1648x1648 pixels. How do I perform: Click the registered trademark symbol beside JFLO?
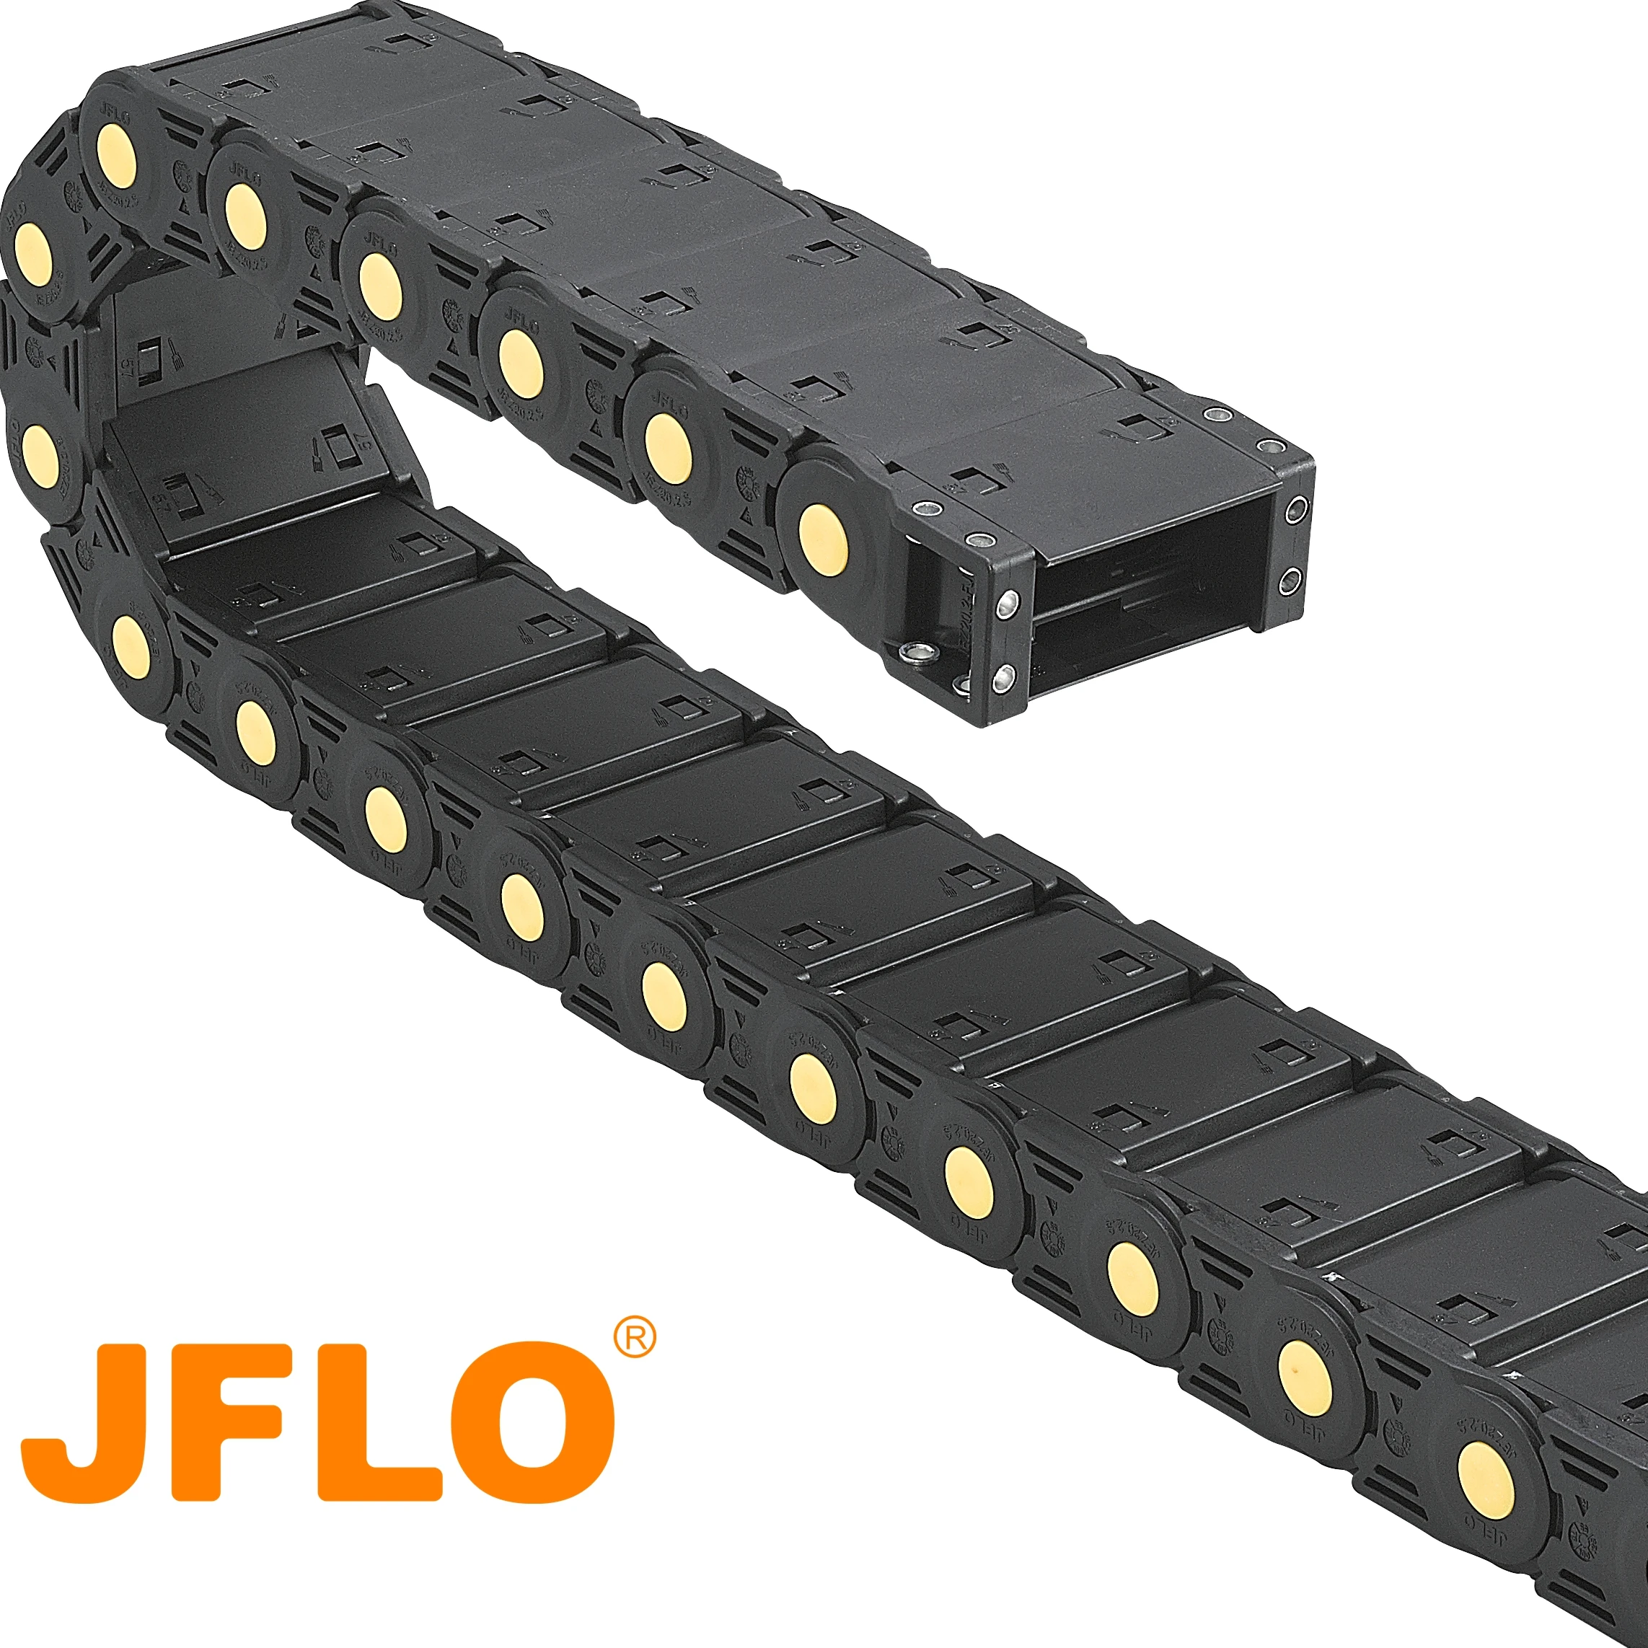coord(635,1339)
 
